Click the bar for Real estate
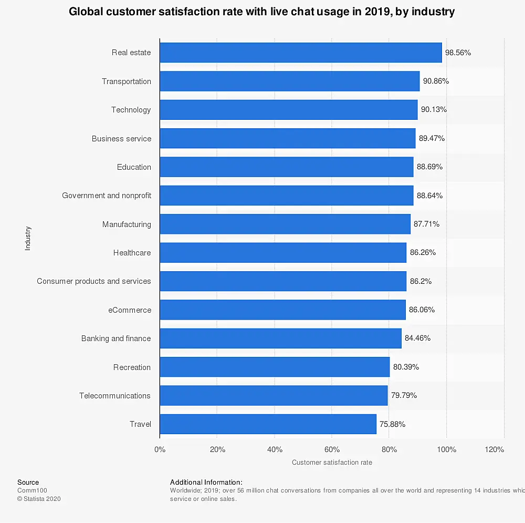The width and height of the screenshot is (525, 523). (300, 53)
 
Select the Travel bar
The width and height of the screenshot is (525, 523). (268, 424)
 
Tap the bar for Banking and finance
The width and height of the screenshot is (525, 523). (280, 339)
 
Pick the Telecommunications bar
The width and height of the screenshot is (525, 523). (274, 396)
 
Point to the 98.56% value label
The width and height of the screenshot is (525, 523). (458, 53)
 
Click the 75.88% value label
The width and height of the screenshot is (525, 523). (392, 424)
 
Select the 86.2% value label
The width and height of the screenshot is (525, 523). (421, 281)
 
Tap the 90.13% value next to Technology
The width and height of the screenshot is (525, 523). (434, 110)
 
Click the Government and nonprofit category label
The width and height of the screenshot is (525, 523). (107, 196)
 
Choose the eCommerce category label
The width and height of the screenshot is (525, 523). (130, 310)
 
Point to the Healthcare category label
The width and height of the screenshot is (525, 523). (132, 253)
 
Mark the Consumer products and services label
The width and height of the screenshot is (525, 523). (94, 281)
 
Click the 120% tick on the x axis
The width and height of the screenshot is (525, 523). (495, 449)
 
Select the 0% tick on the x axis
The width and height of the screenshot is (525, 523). (160, 449)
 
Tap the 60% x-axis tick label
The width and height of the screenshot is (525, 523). (332, 449)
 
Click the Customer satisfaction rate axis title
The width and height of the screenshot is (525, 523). (332, 463)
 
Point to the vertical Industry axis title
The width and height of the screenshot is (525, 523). (28, 238)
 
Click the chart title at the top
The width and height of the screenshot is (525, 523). (262, 12)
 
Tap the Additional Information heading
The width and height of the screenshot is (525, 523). (206, 482)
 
